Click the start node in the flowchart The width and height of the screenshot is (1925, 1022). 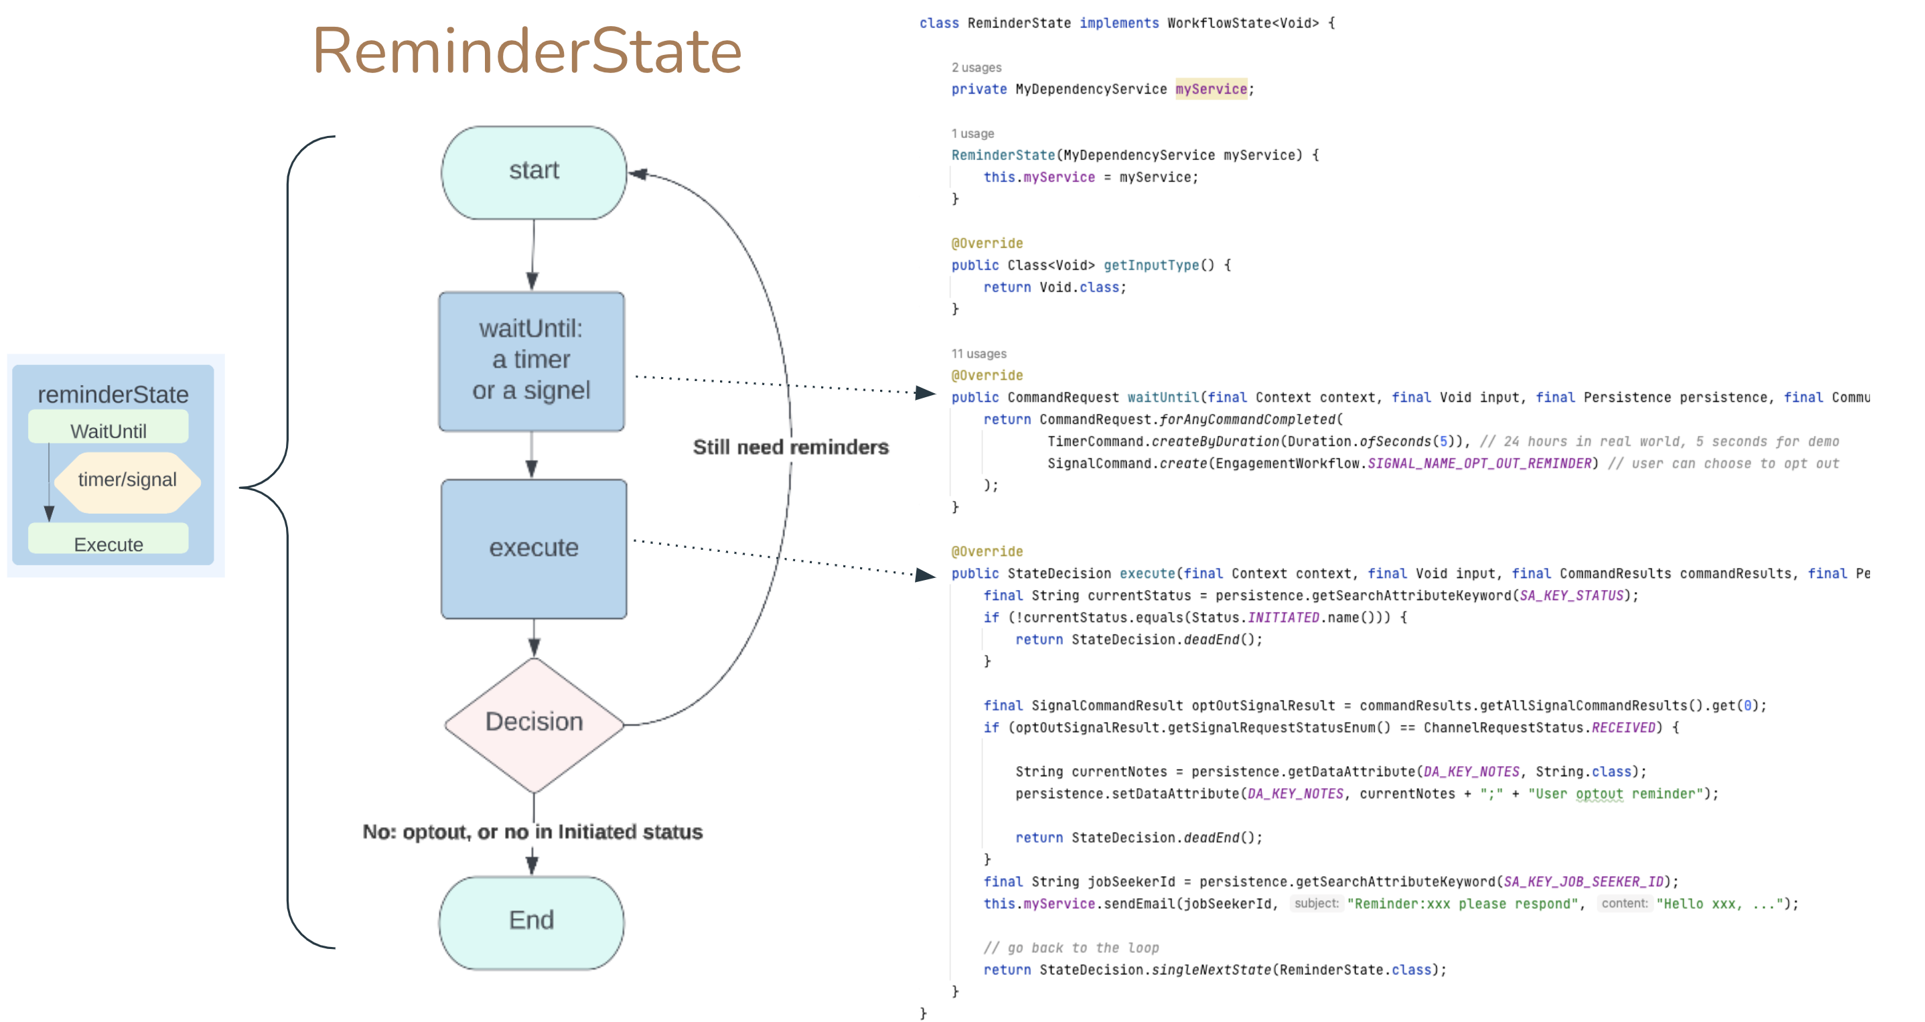534,172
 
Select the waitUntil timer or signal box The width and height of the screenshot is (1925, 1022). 531,360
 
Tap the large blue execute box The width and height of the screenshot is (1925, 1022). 534,548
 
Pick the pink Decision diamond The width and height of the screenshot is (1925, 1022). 534,723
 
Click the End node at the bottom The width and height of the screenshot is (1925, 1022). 531,920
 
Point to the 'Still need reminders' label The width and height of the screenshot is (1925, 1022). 790,447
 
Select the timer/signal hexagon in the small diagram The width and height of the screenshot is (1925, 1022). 127,480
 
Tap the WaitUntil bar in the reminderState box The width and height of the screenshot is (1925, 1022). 109,431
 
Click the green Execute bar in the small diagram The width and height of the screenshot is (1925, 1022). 109,543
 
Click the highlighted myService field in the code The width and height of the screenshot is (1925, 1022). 1210,89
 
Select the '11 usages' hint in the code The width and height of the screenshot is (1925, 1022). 978,354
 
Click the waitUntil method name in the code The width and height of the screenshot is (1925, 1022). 1162,397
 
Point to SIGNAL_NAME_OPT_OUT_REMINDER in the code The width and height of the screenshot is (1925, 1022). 1479,463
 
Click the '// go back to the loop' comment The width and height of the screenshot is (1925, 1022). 1070,947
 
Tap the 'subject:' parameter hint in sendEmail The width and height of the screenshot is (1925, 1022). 1316,903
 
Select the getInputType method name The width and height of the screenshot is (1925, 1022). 1150,265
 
